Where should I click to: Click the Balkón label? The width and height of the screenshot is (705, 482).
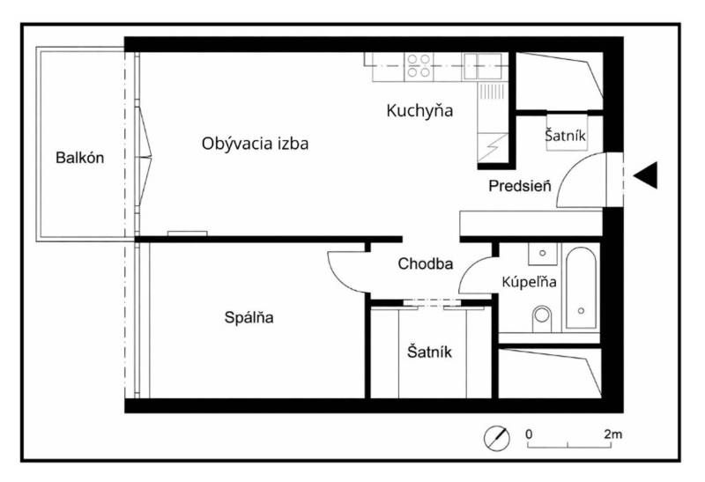coord(80,159)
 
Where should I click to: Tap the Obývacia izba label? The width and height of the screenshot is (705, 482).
coord(255,143)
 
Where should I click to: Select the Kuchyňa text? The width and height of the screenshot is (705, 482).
coord(419,111)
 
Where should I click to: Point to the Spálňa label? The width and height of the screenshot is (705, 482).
coord(249,318)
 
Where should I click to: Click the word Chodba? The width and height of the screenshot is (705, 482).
coord(426,263)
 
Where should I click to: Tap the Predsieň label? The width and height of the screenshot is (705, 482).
coord(520,186)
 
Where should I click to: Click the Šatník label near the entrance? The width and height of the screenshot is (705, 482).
coord(566,136)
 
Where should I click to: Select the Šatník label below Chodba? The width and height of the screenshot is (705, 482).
coord(429,352)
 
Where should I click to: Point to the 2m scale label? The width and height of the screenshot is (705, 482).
coord(613,435)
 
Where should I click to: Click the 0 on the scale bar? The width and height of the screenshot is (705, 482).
coord(529,435)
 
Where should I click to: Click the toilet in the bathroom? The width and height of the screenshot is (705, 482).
coord(542,313)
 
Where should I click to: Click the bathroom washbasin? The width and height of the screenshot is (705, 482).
coord(543,254)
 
